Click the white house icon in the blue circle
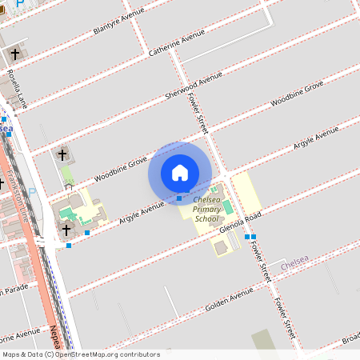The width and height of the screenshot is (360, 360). coord(180,172)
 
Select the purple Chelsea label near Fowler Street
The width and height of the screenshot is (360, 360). coord(294,262)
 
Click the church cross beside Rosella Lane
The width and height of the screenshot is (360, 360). coord(14,54)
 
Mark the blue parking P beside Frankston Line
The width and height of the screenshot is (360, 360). coord(32,191)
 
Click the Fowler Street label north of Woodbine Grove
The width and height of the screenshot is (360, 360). coord(197,110)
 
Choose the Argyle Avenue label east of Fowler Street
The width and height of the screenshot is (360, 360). coord(315,138)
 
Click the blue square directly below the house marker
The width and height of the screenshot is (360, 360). coord(179,198)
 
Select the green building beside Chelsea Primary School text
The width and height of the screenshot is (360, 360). coord(227,206)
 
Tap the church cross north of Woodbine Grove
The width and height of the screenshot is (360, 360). coord(62,153)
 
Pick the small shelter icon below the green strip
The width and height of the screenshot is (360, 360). coord(69,186)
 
